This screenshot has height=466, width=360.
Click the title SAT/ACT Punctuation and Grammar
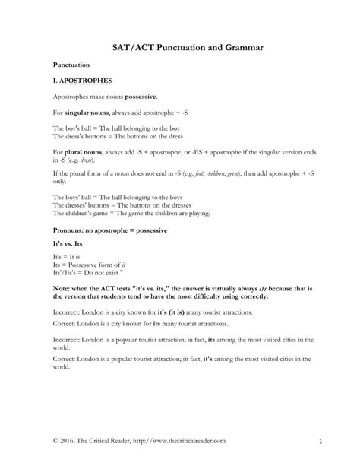pos(179,47)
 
